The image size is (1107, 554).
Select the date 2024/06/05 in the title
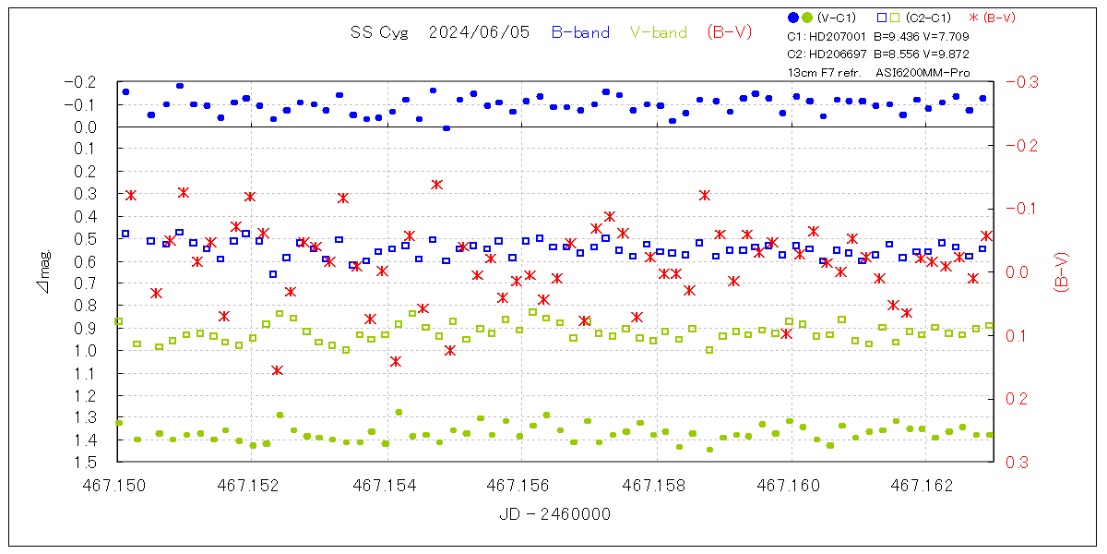[x=479, y=32]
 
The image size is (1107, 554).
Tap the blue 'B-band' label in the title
[x=580, y=32]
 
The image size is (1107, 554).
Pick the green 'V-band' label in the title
[x=659, y=32]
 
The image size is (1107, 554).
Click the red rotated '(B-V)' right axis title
[x=1061, y=272]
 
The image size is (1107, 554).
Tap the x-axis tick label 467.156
[x=521, y=483]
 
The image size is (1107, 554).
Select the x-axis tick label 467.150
[x=117, y=483]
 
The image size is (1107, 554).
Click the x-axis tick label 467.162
[x=925, y=483]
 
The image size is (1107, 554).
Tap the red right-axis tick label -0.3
[x=1020, y=82]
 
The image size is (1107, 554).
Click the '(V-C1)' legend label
[x=838, y=18]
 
